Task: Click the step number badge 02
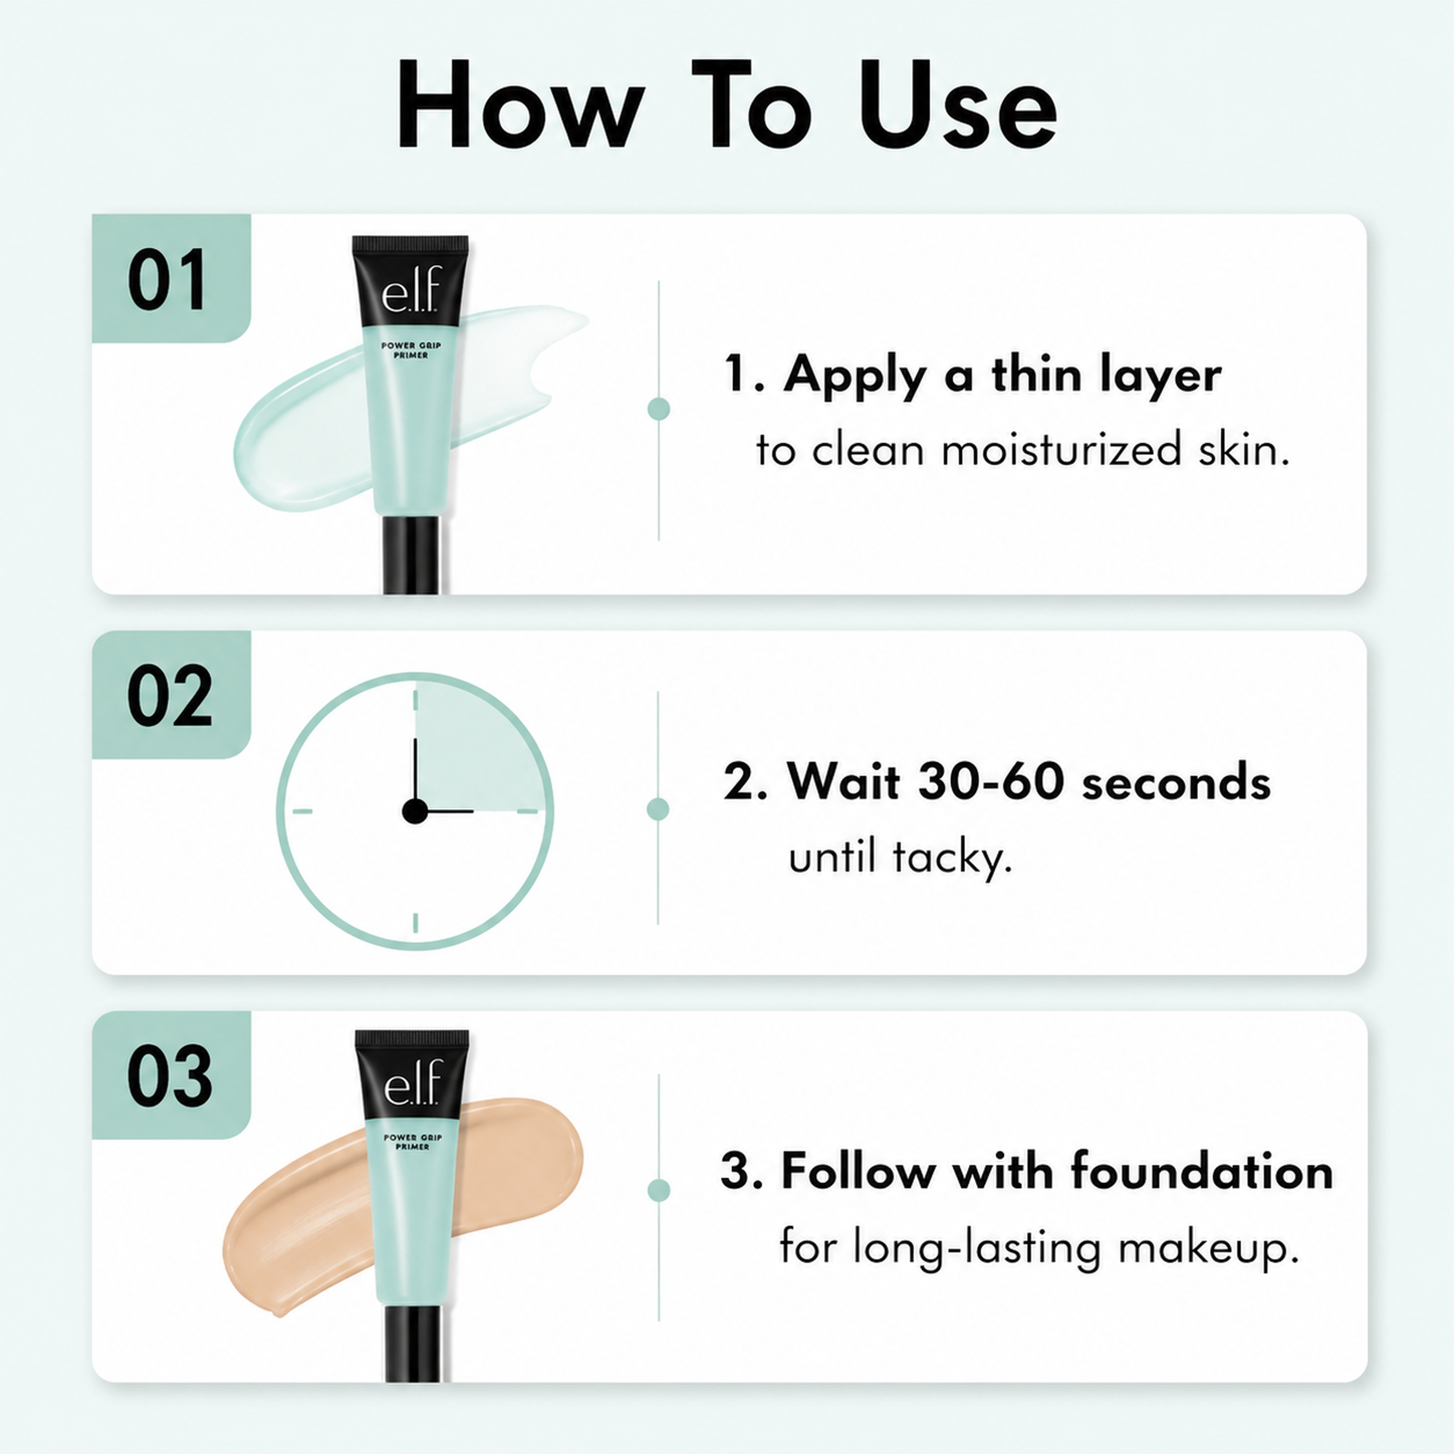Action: [x=172, y=695]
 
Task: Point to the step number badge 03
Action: [x=172, y=1075]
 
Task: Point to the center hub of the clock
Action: [x=414, y=811]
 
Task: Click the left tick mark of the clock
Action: [x=302, y=811]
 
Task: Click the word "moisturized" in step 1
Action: [x=1062, y=450]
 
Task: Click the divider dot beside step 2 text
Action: [x=658, y=809]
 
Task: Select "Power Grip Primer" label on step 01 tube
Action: [x=411, y=350]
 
